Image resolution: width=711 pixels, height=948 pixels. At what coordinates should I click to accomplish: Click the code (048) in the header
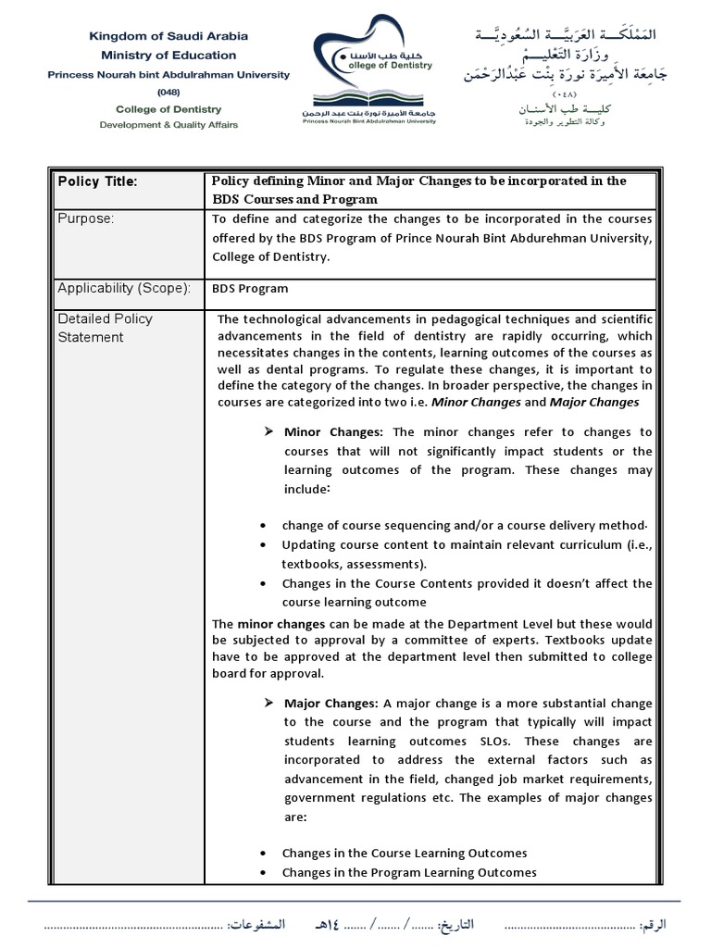(168, 92)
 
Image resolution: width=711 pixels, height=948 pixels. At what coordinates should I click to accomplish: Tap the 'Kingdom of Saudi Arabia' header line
(168, 36)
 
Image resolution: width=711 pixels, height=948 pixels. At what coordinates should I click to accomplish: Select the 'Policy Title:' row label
(97, 181)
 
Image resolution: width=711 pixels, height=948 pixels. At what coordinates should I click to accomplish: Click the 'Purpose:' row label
(85, 218)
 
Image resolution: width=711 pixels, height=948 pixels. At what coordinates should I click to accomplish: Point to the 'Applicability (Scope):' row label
(124, 288)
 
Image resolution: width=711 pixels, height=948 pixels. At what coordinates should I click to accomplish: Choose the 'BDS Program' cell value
(250, 289)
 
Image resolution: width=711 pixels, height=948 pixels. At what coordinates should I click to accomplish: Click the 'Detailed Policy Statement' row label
(105, 328)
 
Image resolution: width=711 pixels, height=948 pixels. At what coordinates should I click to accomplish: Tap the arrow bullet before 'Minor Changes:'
(269, 432)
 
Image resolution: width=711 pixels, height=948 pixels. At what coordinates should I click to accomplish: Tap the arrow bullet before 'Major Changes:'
(269, 703)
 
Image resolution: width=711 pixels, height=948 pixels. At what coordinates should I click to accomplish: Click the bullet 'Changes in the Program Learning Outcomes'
(409, 872)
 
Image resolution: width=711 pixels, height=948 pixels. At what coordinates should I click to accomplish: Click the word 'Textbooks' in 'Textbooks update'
(573, 641)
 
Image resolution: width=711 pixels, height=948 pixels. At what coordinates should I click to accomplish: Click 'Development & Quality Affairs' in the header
(168, 123)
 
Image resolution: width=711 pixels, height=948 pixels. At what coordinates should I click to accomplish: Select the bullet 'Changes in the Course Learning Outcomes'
(405, 853)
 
